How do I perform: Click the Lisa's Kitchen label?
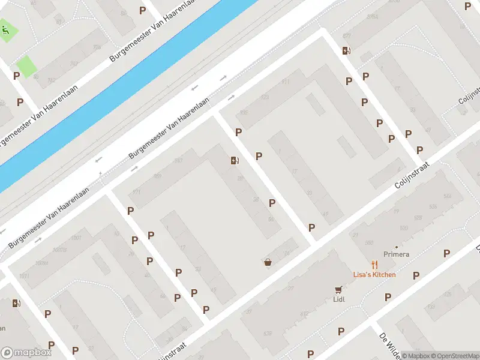coord(374,275)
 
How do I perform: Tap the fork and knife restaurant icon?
coord(374,264)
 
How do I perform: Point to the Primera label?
coord(397,254)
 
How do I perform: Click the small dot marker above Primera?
coord(396,247)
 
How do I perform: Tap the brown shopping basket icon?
coord(268,262)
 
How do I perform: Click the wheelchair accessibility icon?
coord(6,30)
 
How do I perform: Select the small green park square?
coord(26,65)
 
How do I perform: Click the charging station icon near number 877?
coord(346,50)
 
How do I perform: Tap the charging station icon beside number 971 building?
coord(235,160)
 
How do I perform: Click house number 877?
coord(346,36)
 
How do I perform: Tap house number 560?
coord(370,242)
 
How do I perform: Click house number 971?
coord(136,192)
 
